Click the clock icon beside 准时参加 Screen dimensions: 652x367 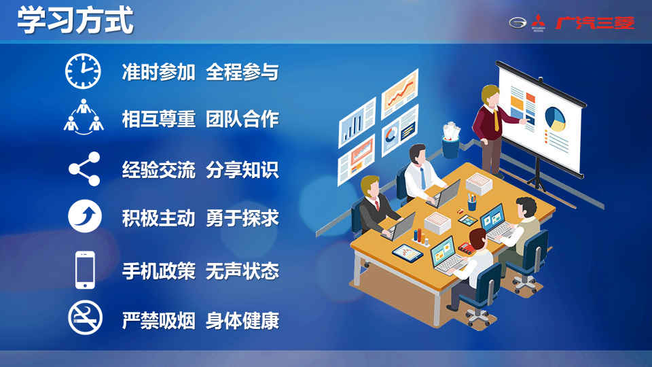(x=83, y=71)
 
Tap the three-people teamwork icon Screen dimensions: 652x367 (x=84, y=117)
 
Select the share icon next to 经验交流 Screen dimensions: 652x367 (x=84, y=169)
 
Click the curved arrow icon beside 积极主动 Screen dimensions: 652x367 (x=85, y=216)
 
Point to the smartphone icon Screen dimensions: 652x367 (x=86, y=270)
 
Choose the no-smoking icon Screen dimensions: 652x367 (x=86, y=317)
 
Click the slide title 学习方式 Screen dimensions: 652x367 (x=75, y=20)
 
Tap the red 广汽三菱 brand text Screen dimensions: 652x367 (x=595, y=23)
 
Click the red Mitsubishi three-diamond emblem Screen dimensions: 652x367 (x=538, y=22)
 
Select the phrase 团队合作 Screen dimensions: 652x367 (x=242, y=120)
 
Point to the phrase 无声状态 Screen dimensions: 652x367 (x=242, y=271)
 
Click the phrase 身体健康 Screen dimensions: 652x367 (x=242, y=321)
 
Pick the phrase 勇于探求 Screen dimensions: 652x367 (x=242, y=218)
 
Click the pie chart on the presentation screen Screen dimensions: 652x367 (x=555, y=118)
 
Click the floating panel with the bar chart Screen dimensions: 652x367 (x=357, y=122)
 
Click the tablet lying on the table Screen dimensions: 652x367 (x=407, y=252)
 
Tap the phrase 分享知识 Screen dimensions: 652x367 (x=242, y=170)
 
